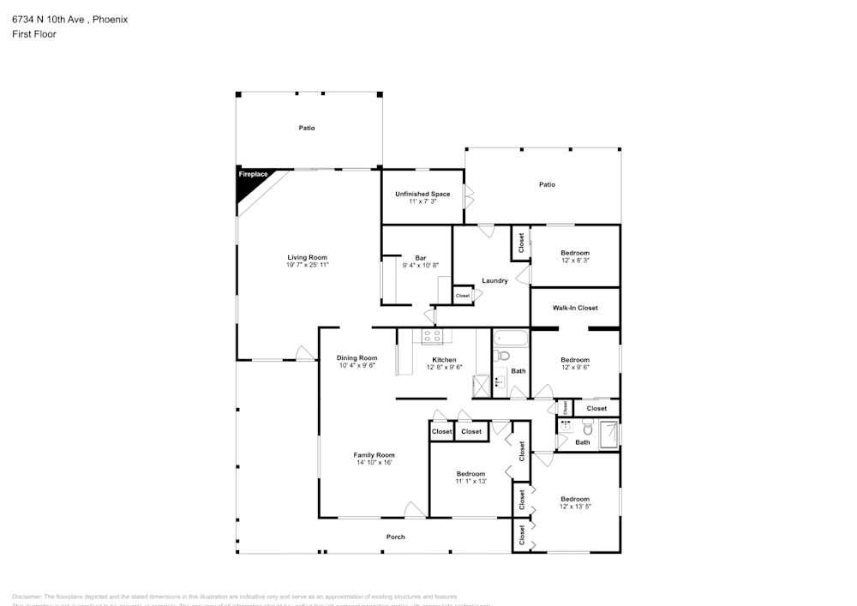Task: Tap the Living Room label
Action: (307, 257)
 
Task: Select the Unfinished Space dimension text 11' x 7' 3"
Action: (423, 201)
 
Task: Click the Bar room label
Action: (420, 258)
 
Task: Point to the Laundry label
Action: (494, 280)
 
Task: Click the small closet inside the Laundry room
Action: (463, 296)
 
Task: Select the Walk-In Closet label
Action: (575, 308)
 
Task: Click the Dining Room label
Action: (357, 358)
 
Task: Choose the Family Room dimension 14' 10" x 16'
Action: (375, 463)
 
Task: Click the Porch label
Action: (395, 537)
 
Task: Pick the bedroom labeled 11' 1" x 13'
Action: (470, 477)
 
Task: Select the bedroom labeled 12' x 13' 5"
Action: (575, 502)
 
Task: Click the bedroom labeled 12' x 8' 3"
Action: (575, 256)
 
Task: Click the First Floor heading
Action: (34, 34)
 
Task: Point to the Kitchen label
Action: (444, 360)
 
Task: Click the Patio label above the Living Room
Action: (307, 129)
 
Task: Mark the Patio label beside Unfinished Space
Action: (547, 184)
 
